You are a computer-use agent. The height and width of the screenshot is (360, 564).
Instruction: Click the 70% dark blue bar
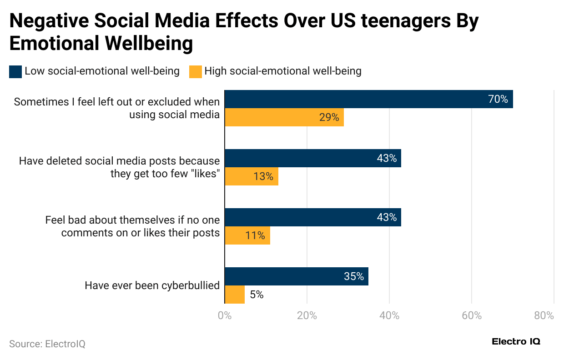point(368,99)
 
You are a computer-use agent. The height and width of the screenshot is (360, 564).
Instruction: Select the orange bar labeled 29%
point(284,117)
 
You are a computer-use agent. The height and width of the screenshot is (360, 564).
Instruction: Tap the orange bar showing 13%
point(252,176)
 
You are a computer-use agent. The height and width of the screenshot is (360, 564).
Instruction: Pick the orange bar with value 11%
point(247,235)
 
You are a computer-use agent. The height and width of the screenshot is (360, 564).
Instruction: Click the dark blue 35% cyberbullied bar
point(297,276)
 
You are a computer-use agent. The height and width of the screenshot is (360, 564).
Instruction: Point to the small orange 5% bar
point(235,295)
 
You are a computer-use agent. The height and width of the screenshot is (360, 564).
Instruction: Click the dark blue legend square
point(15,71)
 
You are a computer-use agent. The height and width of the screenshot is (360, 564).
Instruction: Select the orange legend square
point(195,71)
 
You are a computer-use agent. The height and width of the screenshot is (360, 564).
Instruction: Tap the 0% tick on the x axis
point(225,315)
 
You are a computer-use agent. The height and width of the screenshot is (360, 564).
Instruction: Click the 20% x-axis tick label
point(307,315)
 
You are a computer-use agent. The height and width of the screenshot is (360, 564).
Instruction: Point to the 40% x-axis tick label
point(389,315)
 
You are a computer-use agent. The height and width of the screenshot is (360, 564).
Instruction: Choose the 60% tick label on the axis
point(472,315)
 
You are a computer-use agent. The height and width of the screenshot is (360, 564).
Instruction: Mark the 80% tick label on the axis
point(544,315)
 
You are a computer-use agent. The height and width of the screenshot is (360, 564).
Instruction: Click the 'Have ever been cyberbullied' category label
point(152,285)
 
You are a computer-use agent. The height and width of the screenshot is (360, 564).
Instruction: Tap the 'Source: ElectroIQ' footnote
point(47,344)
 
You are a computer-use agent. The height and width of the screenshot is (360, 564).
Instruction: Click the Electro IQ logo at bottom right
point(516,342)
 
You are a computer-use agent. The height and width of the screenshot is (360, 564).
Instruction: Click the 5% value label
point(257,295)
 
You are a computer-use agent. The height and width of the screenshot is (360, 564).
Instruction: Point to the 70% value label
point(498,99)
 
